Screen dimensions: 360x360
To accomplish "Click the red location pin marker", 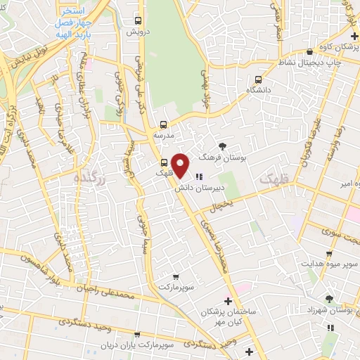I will click(181, 165).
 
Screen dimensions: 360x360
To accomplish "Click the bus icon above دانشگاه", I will click(259, 79).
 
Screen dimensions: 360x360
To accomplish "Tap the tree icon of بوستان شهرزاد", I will click(329, 299).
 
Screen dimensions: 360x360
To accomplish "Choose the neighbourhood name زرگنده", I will click(89, 181).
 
